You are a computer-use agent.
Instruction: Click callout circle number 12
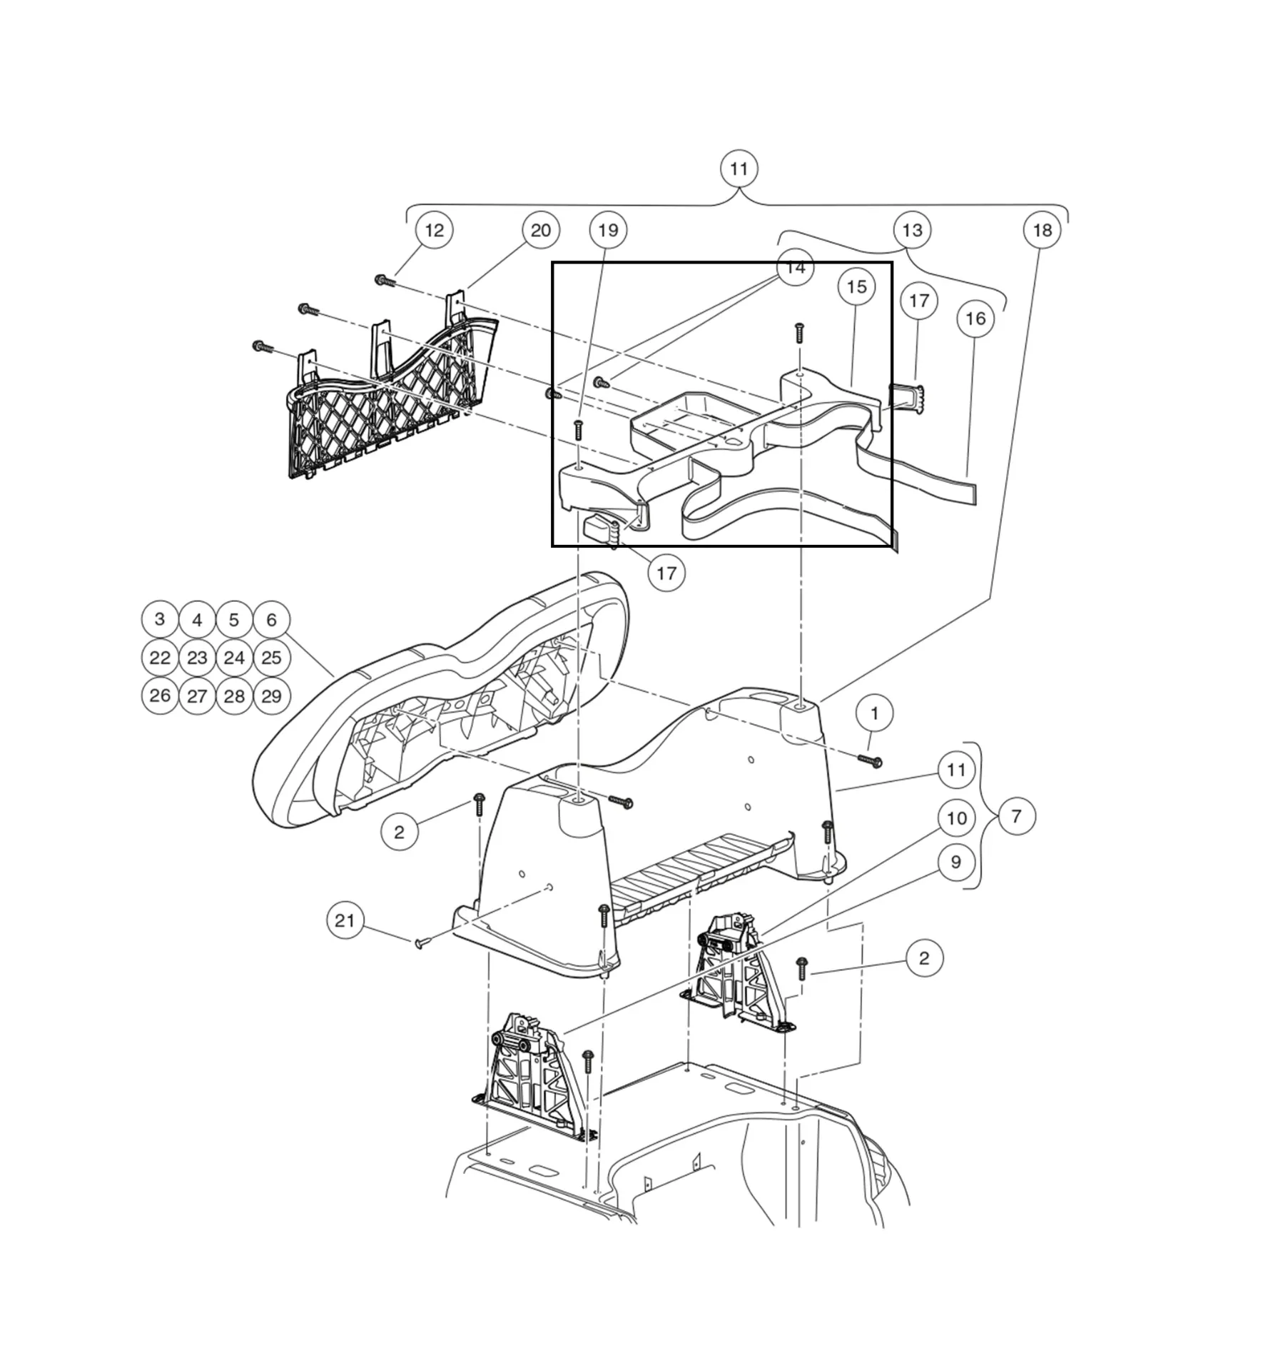click(x=434, y=230)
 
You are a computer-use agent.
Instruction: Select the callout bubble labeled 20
click(x=541, y=230)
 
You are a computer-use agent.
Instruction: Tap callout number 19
click(x=608, y=230)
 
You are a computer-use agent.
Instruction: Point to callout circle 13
click(x=912, y=230)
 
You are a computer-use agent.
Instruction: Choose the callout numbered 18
click(x=1042, y=230)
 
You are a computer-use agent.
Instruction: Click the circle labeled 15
click(x=856, y=286)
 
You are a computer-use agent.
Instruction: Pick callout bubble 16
click(x=975, y=318)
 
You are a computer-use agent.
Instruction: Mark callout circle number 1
click(x=875, y=713)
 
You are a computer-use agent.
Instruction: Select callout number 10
click(x=956, y=818)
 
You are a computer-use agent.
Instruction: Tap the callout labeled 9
click(x=956, y=862)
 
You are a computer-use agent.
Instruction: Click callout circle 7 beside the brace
click(x=1016, y=815)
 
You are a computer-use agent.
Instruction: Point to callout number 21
click(x=345, y=920)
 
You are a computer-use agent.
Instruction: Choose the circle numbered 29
click(x=271, y=696)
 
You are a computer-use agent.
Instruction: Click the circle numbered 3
click(x=160, y=619)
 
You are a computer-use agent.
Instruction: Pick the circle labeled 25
click(x=271, y=658)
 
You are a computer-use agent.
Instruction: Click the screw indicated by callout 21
click(x=420, y=944)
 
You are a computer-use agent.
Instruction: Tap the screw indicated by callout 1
click(x=873, y=762)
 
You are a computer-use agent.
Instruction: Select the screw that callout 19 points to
click(x=579, y=429)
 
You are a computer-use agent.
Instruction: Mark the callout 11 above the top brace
click(x=739, y=169)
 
